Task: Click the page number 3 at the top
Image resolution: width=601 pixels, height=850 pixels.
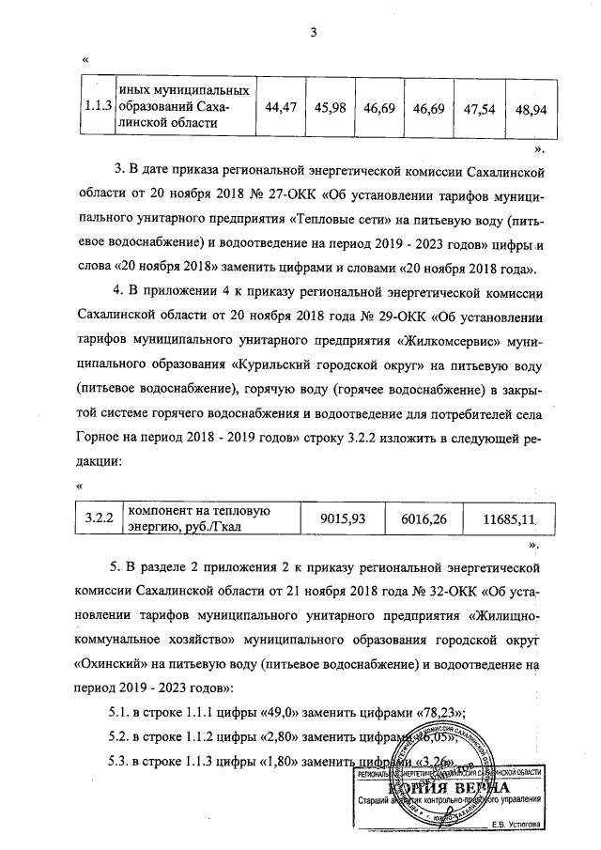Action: (x=316, y=35)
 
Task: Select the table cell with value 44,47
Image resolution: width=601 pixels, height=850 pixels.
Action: (x=282, y=108)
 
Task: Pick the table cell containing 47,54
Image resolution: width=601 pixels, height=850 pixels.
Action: (x=480, y=108)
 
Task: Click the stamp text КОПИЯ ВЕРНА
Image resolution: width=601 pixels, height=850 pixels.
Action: (x=460, y=787)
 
